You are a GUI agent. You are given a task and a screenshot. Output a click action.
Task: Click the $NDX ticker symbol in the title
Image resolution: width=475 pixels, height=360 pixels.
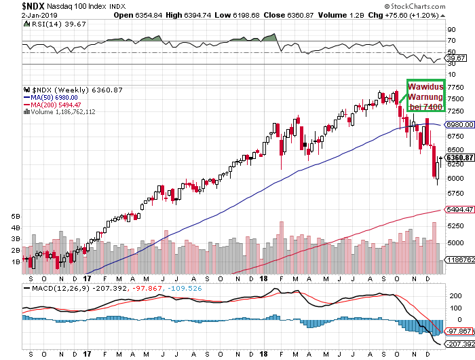tap(15, 5)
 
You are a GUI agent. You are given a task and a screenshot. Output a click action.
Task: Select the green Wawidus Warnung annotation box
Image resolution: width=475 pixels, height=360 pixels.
tap(425, 96)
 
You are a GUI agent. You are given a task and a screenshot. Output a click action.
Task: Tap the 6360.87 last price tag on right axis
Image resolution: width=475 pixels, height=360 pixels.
tap(459, 158)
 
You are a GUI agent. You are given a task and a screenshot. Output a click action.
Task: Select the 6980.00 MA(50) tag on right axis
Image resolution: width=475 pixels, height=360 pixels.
tap(459, 125)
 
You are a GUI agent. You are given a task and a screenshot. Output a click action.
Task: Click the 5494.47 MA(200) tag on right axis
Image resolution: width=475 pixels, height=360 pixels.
tap(459, 210)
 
